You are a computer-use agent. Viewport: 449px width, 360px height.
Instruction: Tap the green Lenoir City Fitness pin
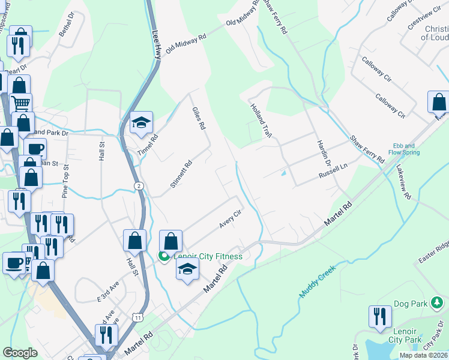click(x=164, y=256)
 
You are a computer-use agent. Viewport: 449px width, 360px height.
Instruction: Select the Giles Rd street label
click(x=199, y=118)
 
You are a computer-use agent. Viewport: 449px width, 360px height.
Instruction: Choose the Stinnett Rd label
click(x=180, y=173)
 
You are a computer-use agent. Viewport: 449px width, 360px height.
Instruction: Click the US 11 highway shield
click(x=138, y=317)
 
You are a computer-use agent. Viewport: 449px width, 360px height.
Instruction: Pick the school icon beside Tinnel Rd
click(x=142, y=123)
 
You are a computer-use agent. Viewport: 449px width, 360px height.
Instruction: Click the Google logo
click(x=20, y=353)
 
